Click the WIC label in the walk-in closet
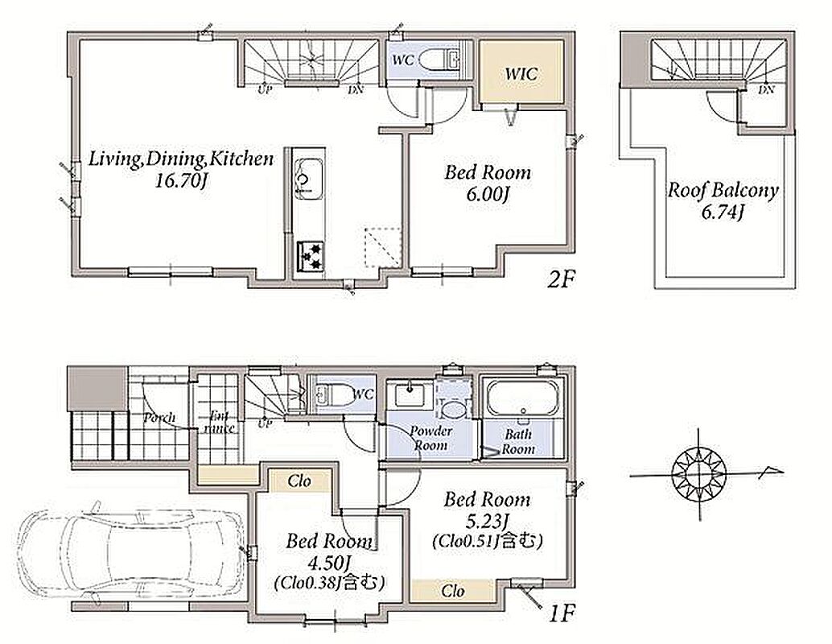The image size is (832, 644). tap(521, 73)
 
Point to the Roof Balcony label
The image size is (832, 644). tap(723, 189)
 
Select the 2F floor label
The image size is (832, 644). tap(562, 279)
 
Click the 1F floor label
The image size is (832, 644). tap(562, 614)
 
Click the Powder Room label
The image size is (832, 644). tap(430, 437)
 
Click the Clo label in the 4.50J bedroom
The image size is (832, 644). tap(299, 481)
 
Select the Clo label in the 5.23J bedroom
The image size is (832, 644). tap(453, 590)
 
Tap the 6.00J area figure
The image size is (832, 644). tap(488, 195)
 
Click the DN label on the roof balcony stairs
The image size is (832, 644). tap(766, 89)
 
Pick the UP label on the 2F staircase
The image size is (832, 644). tap(265, 89)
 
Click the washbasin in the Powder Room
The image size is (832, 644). tap(410, 394)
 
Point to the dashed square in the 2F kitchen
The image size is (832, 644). tap(382, 247)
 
